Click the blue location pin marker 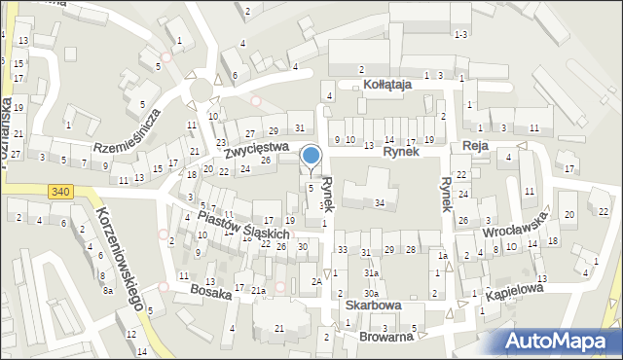311,157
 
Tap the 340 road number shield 60,191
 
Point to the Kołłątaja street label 387,85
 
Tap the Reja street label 475,145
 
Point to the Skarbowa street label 373,305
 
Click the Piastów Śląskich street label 243,225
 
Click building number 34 380,202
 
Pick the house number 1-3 460,34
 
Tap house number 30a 371,293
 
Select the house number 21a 258,291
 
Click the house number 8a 108,290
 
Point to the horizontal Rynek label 399,152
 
